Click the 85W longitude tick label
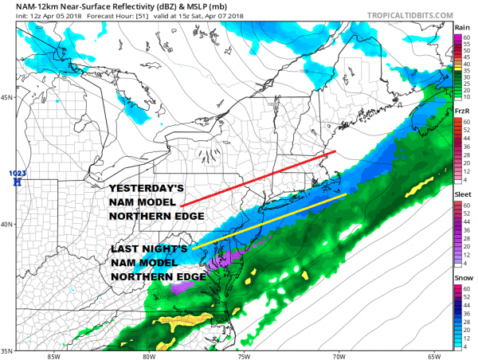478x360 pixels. pos(53,355)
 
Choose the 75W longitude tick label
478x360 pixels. pos(245,355)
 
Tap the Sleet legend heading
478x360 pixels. pos(462,194)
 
